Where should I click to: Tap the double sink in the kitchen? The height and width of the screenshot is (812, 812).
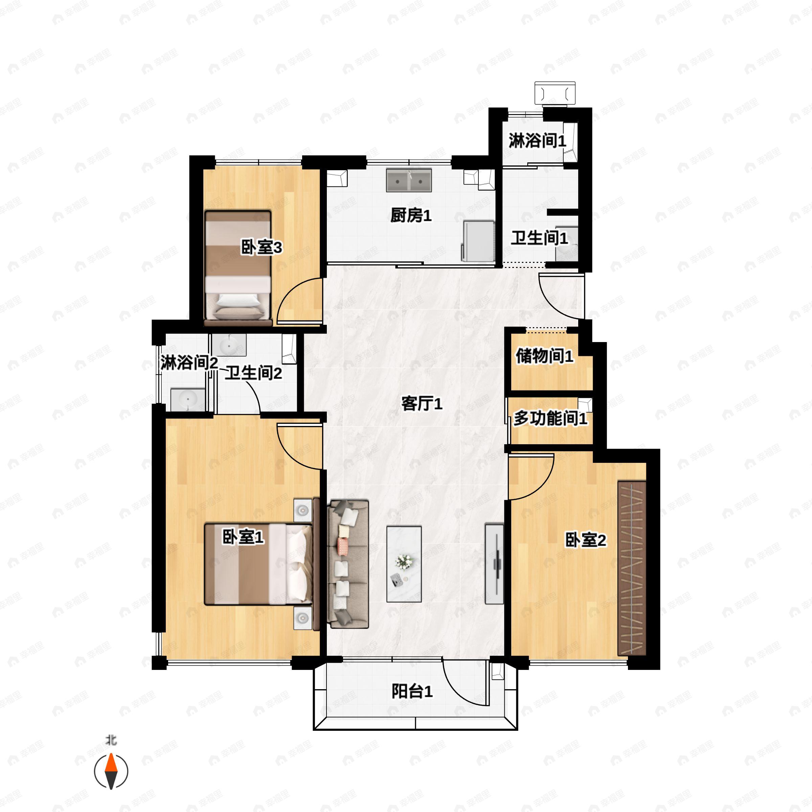408,181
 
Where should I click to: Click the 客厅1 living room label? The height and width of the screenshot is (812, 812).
422,404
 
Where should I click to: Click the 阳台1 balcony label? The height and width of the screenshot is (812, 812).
412,691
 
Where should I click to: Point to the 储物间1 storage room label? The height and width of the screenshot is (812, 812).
544,356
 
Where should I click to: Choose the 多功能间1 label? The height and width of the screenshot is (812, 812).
550,418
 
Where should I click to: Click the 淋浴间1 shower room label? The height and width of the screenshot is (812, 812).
537,141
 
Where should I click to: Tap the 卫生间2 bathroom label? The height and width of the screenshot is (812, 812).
253,373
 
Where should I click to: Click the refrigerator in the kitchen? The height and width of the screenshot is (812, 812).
479,241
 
